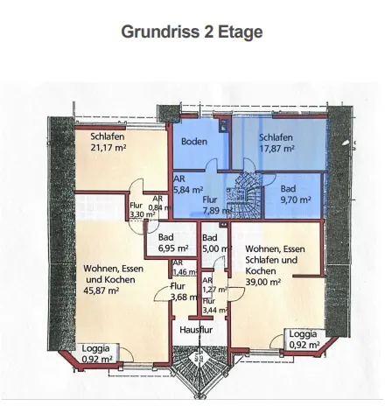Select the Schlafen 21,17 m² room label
pos(108,142)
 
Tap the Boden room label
pos(193,141)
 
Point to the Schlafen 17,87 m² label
pos(276,143)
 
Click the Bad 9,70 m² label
pos(295,194)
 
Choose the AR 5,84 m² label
pos(187,183)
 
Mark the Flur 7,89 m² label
pos(214,205)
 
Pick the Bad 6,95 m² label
pos(173,242)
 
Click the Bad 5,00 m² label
pos(214,242)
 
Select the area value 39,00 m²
pos(263,282)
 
